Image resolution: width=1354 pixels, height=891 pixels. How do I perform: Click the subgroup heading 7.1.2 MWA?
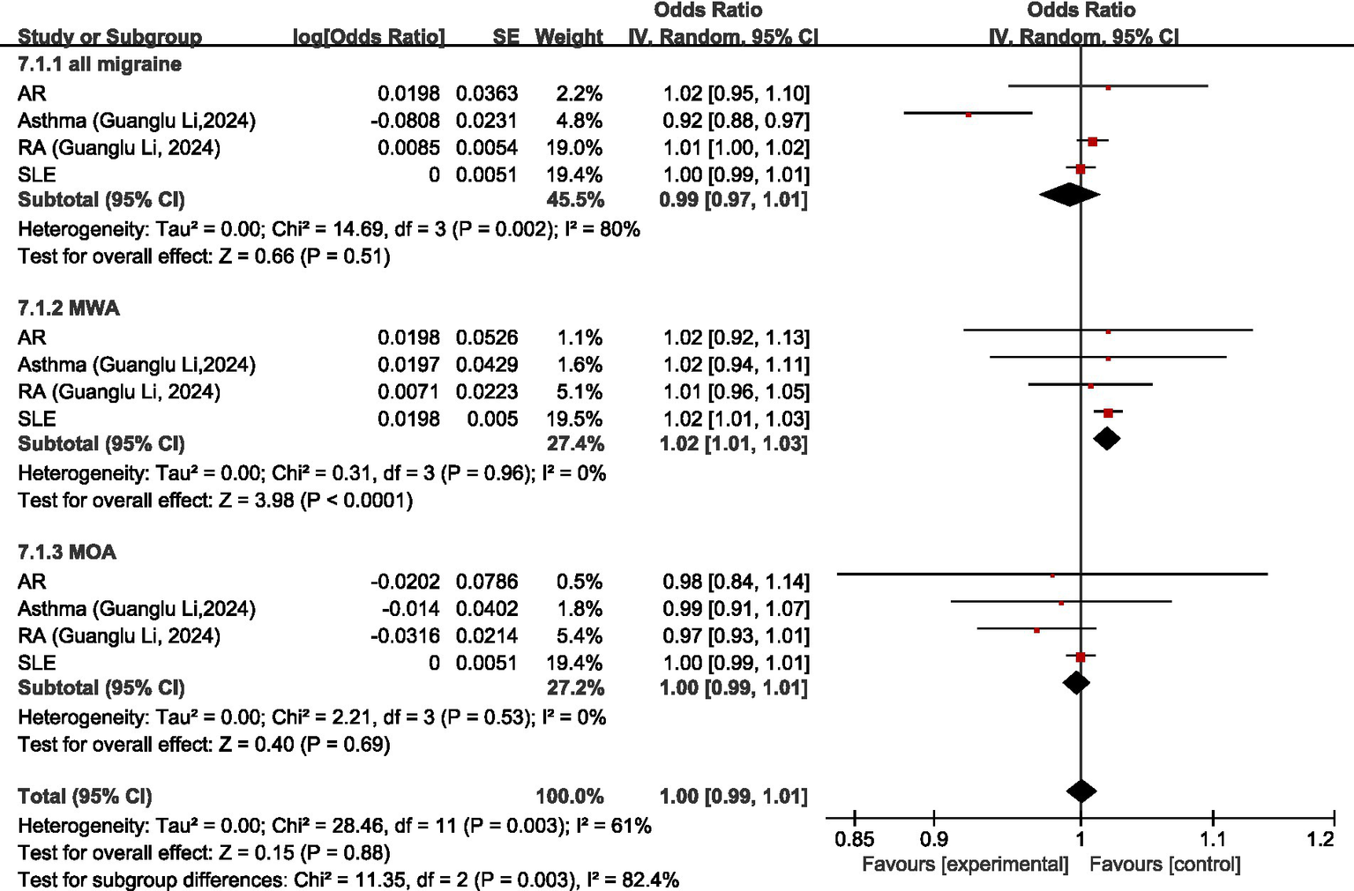coord(69,308)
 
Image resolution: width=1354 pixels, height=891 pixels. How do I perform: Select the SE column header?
coord(505,37)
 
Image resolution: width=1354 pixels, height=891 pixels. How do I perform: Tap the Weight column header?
coord(569,37)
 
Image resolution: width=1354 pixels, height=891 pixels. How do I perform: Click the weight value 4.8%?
coord(580,121)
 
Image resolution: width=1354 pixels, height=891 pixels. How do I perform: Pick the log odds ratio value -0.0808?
coord(405,121)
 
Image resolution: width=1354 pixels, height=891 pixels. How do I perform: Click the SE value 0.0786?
coord(487,582)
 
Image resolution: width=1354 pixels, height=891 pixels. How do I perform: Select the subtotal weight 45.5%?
coord(575,200)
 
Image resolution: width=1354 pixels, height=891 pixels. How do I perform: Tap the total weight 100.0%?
coord(570,797)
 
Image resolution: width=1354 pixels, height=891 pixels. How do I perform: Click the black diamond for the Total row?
coord(1081,791)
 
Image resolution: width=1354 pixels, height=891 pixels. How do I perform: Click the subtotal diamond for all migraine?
coord(1069,194)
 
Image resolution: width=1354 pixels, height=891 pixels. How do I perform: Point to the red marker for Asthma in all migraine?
coord(969,115)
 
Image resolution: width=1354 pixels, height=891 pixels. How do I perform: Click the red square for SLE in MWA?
coord(1108,412)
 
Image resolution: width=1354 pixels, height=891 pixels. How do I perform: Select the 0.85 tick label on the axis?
coord(854,839)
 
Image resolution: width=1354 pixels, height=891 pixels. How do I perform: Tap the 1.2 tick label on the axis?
coord(1320,839)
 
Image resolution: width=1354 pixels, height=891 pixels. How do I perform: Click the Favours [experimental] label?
coord(965,865)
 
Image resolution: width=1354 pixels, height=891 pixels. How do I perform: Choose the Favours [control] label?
coord(1164,865)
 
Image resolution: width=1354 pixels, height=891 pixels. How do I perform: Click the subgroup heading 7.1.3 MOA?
coord(67,553)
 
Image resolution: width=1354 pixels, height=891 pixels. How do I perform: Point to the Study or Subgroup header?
coord(110,37)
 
